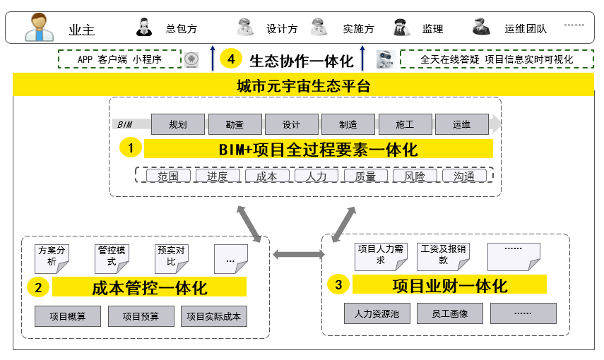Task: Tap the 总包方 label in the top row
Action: (182, 29)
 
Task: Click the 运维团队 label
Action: (526, 29)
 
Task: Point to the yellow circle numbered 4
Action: (231, 59)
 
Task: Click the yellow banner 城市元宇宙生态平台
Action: (303, 86)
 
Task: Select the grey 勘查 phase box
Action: (235, 125)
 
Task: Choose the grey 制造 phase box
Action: (348, 125)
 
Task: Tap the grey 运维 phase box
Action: (461, 125)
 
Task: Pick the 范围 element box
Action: (168, 176)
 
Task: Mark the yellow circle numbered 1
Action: (131, 148)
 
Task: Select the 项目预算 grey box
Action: (141, 316)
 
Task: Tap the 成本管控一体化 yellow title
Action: (149, 287)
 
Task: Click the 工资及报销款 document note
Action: (442, 256)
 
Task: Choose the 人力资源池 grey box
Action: (377, 313)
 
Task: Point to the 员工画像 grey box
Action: (449, 313)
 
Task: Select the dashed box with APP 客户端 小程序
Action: (119, 59)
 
